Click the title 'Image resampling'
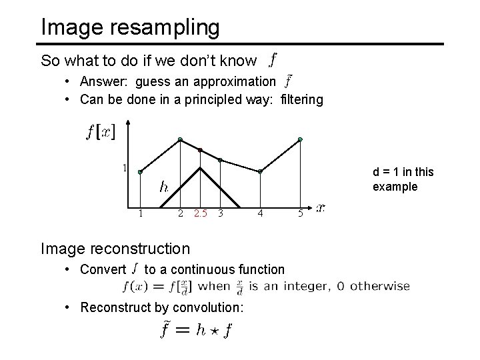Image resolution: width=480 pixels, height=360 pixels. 130,27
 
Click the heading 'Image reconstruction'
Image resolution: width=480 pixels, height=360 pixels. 115,249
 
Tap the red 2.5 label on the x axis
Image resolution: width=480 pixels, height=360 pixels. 200,213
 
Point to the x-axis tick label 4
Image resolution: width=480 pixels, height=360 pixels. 261,213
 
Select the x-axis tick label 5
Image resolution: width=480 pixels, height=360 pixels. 300,213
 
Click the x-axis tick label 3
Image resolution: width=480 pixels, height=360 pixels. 220,213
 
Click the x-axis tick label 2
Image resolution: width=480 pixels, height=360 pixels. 181,213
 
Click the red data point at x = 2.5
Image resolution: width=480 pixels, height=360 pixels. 200,149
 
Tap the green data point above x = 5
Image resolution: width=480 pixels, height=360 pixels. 300,139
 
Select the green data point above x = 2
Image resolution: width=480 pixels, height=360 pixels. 181,139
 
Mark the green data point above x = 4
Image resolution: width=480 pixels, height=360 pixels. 261,171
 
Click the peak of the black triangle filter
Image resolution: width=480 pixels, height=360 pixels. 200,167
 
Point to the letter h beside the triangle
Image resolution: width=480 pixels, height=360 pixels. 163,187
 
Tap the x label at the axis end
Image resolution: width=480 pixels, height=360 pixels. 321,208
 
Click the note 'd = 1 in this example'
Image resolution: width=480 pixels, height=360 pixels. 403,179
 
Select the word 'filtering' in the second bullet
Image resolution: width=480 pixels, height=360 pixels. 302,100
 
